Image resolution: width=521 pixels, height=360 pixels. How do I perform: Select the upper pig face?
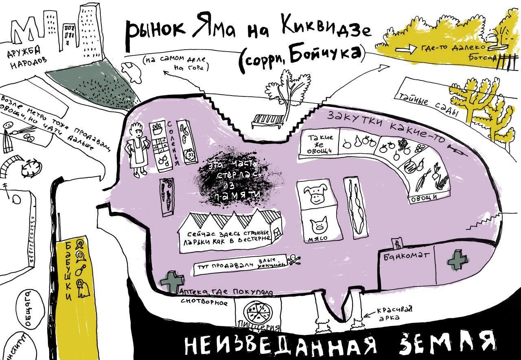pyautogui.click(x=318, y=194)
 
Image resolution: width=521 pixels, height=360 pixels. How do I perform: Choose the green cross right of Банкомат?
pyautogui.click(x=456, y=260)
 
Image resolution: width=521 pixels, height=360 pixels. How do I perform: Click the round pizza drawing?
pyautogui.click(x=258, y=314)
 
